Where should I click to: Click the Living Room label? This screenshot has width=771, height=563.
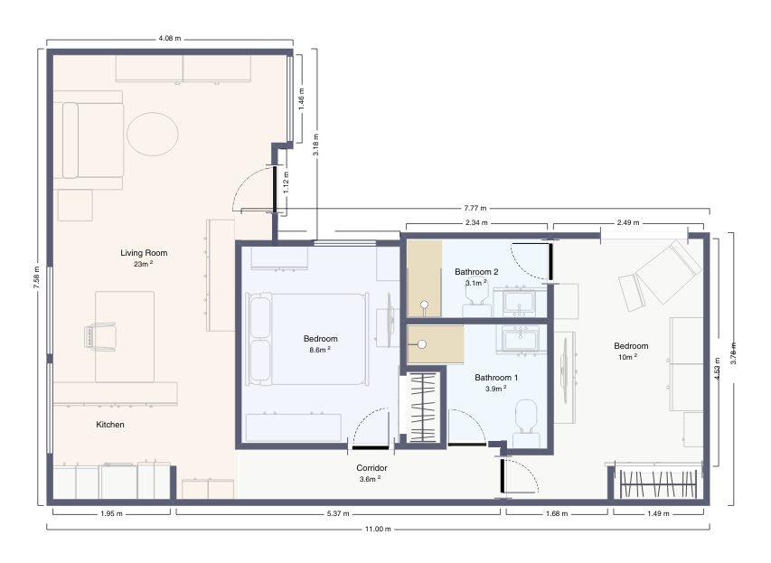(x=144, y=253)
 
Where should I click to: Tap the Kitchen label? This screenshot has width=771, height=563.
(x=110, y=425)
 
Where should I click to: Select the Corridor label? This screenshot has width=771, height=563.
(x=371, y=467)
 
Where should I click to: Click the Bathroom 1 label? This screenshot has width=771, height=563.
(x=496, y=378)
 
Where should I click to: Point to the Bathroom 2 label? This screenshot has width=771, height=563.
(x=476, y=272)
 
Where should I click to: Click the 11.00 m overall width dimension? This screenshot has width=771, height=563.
(x=378, y=529)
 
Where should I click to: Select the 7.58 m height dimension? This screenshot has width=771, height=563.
(x=36, y=277)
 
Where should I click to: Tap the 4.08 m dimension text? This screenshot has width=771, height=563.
(x=170, y=38)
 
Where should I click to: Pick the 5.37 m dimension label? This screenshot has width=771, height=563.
(x=338, y=513)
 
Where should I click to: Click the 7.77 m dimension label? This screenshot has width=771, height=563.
(x=475, y=208)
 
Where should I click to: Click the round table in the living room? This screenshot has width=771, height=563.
(x=153, y=135)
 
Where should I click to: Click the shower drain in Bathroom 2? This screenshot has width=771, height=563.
(x=424, y=305)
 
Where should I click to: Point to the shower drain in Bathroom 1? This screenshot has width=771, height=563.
(x=422, y=344)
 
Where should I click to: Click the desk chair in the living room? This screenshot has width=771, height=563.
(x=100, y=337)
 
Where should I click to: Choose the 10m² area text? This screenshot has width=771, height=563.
(x=627, y=357)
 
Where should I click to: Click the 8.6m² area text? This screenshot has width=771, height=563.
(x=320, y=350)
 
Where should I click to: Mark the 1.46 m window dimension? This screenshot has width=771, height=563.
(x=301, y=99)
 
